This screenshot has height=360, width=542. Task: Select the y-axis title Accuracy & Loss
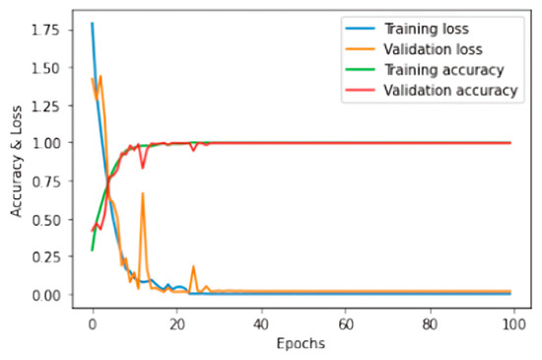coord(15,162)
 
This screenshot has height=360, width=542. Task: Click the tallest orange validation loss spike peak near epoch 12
coord(143,194)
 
